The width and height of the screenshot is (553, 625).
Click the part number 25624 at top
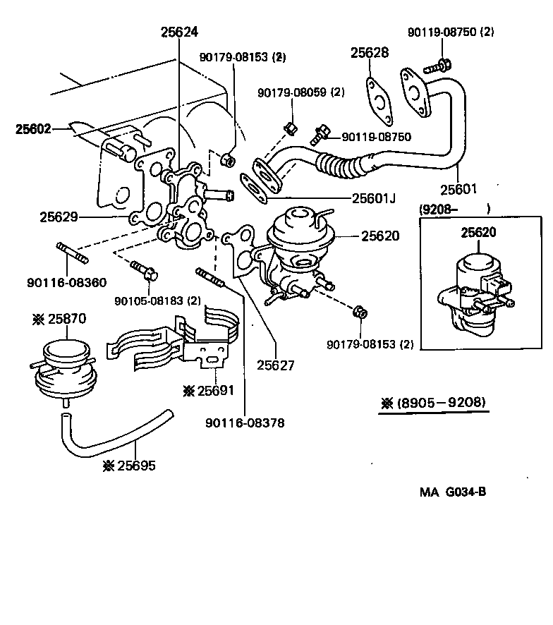[x=179, y=32]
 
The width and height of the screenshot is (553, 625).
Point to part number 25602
[x=35, y=129]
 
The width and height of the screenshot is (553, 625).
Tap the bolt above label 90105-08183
[x=143, y=270]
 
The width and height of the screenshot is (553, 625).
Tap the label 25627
[x=275, y=365]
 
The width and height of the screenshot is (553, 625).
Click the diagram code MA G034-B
[x=452, y=492]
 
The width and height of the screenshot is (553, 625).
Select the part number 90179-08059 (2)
[x=300, y=92]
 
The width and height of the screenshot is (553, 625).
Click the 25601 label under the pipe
[x=459, y=189]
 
